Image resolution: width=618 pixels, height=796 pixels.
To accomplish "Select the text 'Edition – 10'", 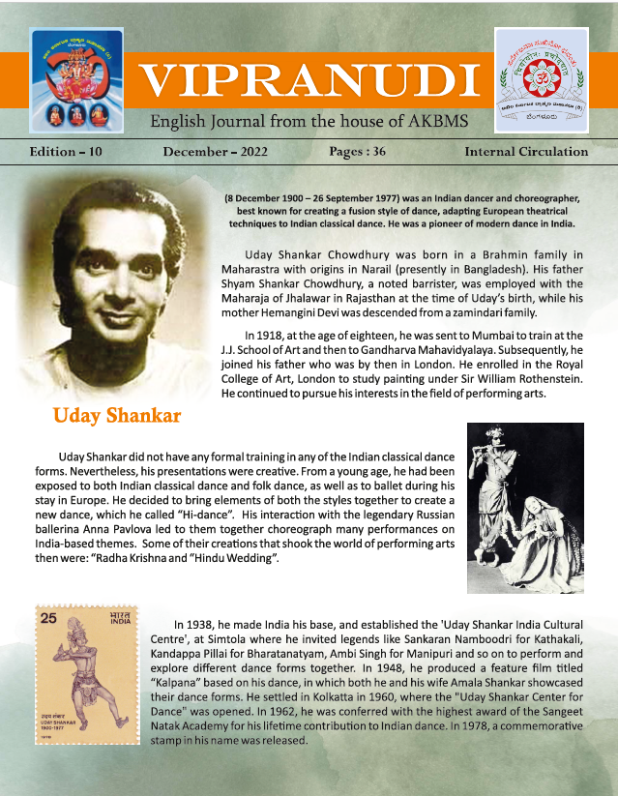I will tap(65, 152).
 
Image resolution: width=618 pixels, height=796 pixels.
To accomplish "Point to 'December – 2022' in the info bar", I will tap(215, 152).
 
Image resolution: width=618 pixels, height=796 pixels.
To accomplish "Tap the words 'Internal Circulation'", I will tap(526, 152).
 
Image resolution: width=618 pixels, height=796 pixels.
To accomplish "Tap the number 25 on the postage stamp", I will tap(45, 617).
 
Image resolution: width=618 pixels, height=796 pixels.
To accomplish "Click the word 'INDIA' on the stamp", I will tap(119, 623).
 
